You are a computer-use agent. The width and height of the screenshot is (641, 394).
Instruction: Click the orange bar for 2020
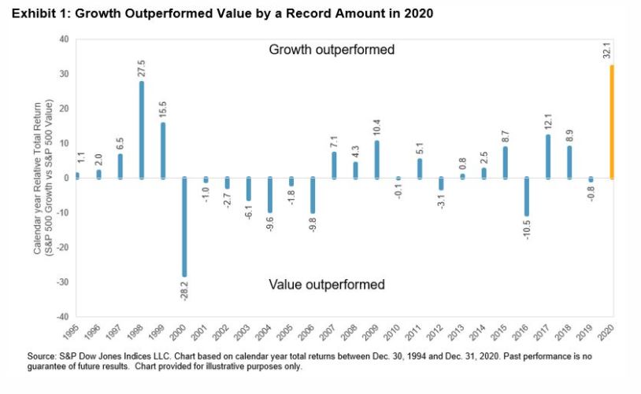point(612,122)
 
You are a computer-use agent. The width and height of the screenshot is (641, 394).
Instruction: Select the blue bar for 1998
point(142,130)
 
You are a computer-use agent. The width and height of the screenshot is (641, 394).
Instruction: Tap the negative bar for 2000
point(183,227)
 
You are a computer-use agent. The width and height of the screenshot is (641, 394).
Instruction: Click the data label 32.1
point(612,50)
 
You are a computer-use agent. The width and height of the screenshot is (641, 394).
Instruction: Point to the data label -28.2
point(184,292)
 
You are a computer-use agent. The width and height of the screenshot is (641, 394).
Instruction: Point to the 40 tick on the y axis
point(64,39)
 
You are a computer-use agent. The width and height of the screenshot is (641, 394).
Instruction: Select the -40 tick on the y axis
point(62,316)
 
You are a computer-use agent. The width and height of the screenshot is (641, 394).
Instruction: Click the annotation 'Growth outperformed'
point(331,50)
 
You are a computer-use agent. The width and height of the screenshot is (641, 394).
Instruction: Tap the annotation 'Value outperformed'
point(327,284)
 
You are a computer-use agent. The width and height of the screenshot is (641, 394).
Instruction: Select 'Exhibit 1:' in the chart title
point(35,13)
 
